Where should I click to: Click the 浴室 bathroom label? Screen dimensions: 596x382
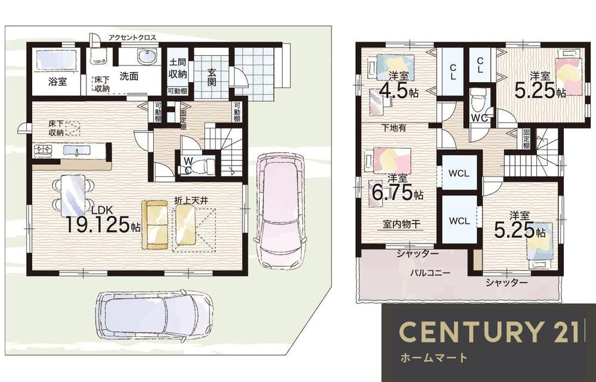(x=57, y=81)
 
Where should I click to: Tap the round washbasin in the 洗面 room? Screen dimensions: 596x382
(x=145, y=57)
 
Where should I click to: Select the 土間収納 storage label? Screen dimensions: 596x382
(x=178, y=68)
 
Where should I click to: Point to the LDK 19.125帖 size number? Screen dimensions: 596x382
(x=103, y=224)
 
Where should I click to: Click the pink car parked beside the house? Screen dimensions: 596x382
(x=280, y=211)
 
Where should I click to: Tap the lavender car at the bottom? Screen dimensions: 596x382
(x=154, y=315)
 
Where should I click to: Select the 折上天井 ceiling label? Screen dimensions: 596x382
(x=191, y=201)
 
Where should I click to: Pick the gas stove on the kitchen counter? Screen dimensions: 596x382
(x=42, y=151)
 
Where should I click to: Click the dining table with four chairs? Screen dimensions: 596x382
(x=73, y=195)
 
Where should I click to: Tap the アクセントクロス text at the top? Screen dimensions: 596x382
(x=132, y=37)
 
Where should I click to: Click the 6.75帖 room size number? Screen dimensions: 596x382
(x=397, y=192)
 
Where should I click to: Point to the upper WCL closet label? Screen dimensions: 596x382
(x=459, y=174)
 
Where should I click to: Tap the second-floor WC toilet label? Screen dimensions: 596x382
(x=479, y=118)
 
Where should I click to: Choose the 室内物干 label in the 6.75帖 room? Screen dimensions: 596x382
(x=401, y=224)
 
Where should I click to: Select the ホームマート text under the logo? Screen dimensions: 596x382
(x=433, y=358)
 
